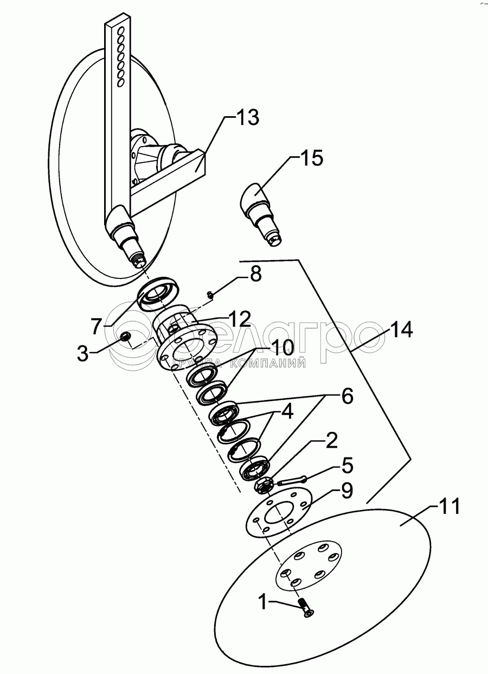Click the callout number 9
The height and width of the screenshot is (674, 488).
click(x=346, y=491)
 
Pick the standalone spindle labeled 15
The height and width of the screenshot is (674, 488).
click(x=261, y=214)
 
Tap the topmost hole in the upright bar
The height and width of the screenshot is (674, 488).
click(x=121, y=30)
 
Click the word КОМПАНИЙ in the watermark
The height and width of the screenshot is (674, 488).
click(x=268, y=364)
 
